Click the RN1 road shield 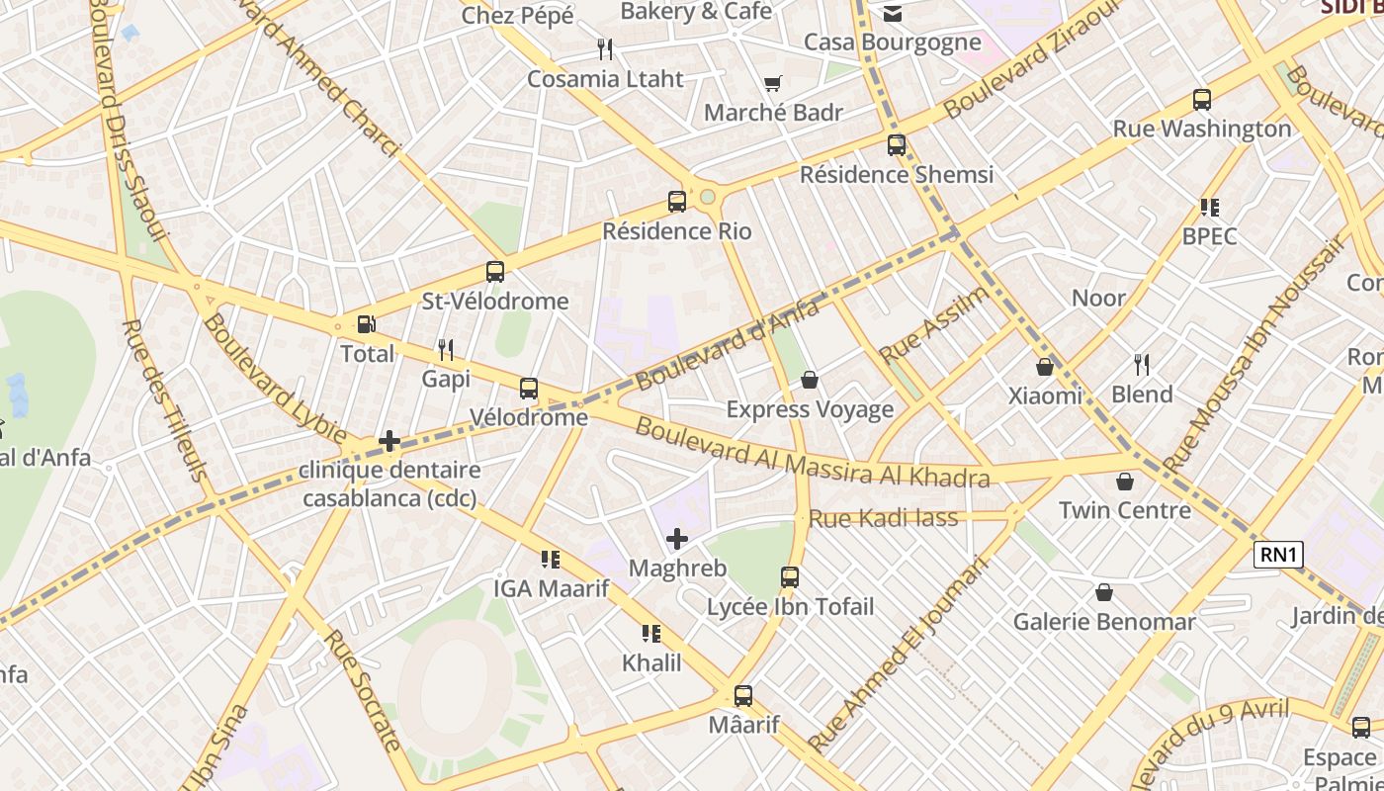(1277, 555)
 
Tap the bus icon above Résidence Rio (677, 202)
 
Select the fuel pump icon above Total (366, 323)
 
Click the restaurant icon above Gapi (446, 349)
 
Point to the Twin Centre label (1125, 510)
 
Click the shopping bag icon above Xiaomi (1045, 367)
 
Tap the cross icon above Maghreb (677, 539)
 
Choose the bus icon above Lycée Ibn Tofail (790, 576)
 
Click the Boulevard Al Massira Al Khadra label (812, 454)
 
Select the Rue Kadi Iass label (884, 518)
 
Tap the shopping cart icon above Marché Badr (772, 84)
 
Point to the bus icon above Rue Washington (1202, 100)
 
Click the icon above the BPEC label (1209, 208)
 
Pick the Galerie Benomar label (1104, 622)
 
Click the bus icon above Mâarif (743, 696)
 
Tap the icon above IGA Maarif (551, 560)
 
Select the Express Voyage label (810, 409)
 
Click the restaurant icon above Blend (1142, 365)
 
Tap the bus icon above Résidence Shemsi (897, 145)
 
